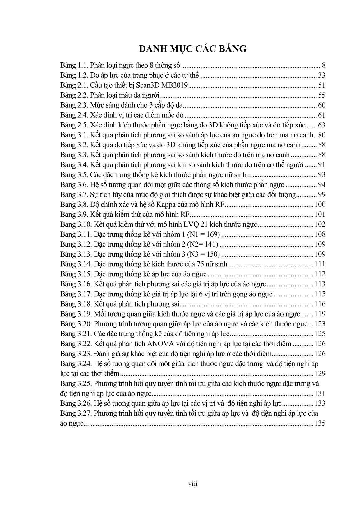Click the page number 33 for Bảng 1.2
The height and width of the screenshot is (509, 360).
(x=321, y=76)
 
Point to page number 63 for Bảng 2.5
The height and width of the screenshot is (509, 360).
(x=321, y=125)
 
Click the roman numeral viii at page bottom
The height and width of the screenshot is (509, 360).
(x=193, y=484)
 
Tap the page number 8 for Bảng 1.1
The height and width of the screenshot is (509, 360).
(x=323, y=66)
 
